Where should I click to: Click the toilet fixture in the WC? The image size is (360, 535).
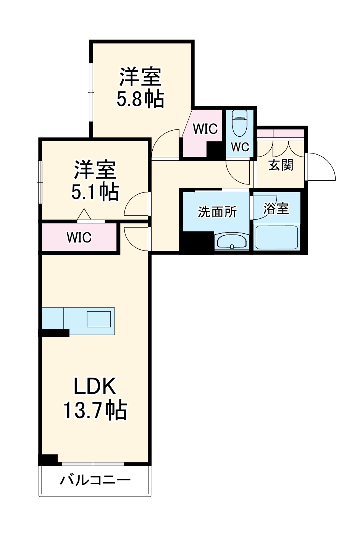click(x=240, y=123)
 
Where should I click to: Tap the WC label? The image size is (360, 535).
click(x=240, y=147)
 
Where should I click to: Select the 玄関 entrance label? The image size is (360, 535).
click(x=281, y=165)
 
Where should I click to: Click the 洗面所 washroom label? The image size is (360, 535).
click(x=217, y=212)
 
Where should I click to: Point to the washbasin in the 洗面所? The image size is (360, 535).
click(x=232, y=242)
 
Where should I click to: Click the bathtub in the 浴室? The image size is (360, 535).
click(x=276, y=238)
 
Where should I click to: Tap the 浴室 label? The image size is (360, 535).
click(x=276, y=209)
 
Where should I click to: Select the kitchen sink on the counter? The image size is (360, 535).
click(x=98, y=319)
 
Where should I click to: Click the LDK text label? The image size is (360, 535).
click(x=95, y=386)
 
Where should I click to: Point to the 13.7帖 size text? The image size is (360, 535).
click(x=95, y=410)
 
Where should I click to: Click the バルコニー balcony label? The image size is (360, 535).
click(x=95, y=480)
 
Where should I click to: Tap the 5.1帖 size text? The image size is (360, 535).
click(x=95, y=192)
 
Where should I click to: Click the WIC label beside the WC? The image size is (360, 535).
click(x=205, y=129)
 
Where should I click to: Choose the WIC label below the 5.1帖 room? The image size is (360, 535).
click(x=79, y=238)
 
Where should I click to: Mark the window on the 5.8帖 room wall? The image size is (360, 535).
click(x=91, y=92)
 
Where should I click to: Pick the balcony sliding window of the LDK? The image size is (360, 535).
click(x=93, y=464)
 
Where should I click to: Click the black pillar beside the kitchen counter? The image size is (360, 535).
click(x=55, y=333)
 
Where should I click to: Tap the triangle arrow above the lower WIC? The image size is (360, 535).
click(x=84, y=215)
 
